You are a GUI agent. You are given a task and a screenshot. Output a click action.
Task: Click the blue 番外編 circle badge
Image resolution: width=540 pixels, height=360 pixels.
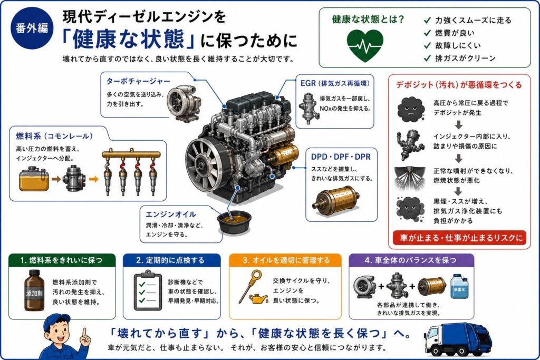point(31,27)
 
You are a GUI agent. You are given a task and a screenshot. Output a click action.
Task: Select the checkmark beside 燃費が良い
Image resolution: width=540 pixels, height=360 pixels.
point(427,33)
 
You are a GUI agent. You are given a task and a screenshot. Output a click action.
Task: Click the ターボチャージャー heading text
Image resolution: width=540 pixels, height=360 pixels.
point(138,81)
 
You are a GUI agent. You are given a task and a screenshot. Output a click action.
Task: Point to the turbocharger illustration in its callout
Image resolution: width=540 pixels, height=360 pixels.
point(184,102)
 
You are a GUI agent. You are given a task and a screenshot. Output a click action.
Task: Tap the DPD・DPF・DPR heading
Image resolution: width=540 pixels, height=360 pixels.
point(341,157)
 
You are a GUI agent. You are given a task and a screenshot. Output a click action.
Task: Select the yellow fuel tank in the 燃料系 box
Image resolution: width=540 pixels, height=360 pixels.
point(32,179)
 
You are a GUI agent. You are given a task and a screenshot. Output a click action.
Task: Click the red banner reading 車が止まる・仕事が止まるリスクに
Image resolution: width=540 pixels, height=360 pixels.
point(459,238)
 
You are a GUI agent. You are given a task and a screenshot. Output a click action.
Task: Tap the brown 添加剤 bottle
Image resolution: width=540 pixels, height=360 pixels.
point(34,290)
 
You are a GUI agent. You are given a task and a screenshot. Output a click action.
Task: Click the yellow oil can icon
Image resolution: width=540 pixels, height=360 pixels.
point(258,299)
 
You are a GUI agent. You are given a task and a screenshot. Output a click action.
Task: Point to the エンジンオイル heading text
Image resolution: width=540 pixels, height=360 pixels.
point(171,215)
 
